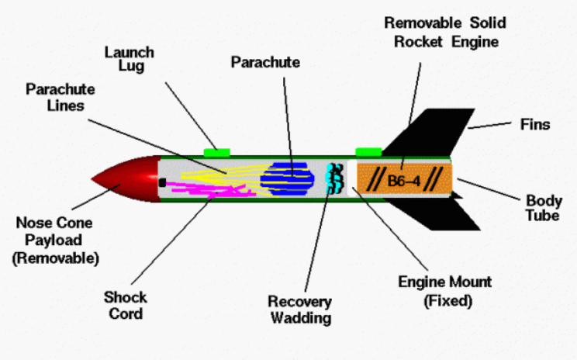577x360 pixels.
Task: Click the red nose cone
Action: pos(129,179)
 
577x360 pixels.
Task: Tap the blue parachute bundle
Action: pos(287,179)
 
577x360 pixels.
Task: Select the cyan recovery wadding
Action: pos(334,178)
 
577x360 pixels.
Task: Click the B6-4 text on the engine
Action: pos(404,181)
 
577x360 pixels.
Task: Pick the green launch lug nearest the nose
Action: pos(216,152)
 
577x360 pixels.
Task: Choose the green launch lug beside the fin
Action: pos(368,151)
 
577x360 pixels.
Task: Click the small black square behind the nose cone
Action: pos(162,182)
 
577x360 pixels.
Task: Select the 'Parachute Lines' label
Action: pos(60,98)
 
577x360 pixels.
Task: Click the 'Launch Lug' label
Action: pos(130,59)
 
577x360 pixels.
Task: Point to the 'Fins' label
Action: pos(535,124)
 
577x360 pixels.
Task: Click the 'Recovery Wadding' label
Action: pos(300,310)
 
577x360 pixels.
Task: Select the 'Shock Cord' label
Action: pos(126,306)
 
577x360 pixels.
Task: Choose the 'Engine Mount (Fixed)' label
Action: pos(445,291)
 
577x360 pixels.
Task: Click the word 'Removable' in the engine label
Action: pos(423,22)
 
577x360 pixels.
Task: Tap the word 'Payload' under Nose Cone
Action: pos(54,241)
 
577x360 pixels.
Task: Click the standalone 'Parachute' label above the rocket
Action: pos(265,62)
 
